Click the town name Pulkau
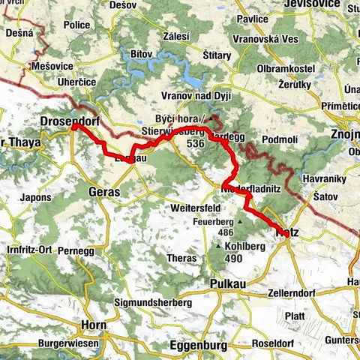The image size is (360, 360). coord(229,286)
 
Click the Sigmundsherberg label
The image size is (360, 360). coord(154,302)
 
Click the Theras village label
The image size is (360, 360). coord(183,258)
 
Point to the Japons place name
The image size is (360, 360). coord(37,198)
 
